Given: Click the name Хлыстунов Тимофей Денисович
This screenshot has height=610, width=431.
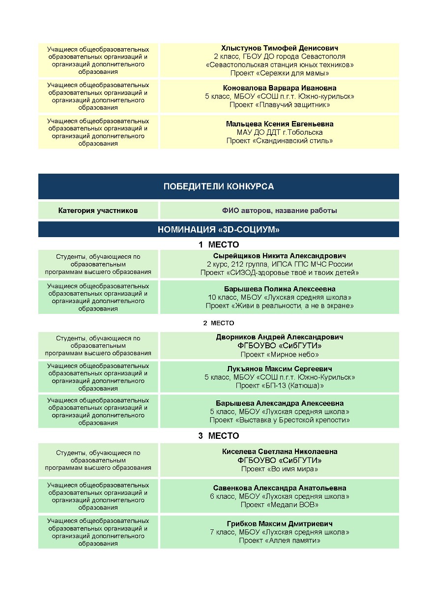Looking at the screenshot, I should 279,48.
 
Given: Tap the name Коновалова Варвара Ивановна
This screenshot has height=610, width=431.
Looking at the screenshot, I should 279,88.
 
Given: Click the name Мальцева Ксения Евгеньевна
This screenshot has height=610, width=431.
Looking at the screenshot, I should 279,124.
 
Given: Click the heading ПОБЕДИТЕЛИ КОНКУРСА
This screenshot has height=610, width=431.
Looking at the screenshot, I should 218,186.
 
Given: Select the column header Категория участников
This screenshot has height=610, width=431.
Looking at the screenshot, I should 98,211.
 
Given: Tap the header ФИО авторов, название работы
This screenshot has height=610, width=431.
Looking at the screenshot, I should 279,211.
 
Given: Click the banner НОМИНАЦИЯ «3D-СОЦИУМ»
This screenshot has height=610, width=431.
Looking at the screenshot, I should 218,230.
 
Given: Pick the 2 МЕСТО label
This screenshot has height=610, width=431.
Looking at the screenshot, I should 218,323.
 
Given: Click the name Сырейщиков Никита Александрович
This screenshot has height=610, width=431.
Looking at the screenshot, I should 279,256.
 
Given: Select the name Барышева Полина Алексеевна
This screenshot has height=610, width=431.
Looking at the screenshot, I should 279,289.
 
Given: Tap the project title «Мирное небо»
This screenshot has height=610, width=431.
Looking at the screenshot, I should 279,354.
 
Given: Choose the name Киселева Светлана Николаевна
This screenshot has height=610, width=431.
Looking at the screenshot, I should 279,452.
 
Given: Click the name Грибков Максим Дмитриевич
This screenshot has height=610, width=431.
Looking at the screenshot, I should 279,524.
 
